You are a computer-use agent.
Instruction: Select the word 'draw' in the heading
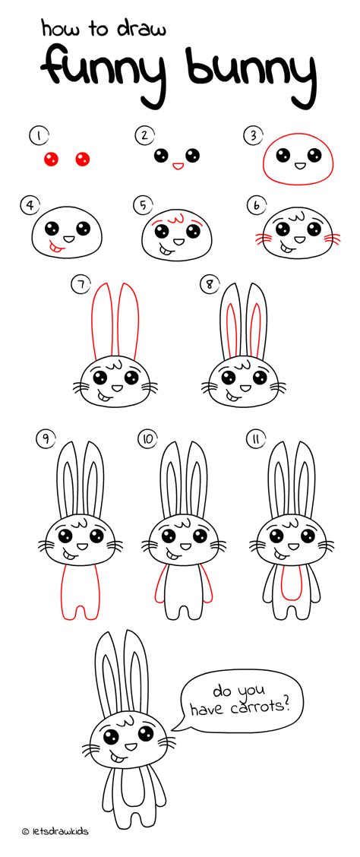[139, 29]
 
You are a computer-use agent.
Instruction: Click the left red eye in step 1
[52, 159]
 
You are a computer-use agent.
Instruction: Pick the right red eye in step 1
[82, 159]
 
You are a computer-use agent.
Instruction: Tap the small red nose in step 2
[177, 164]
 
